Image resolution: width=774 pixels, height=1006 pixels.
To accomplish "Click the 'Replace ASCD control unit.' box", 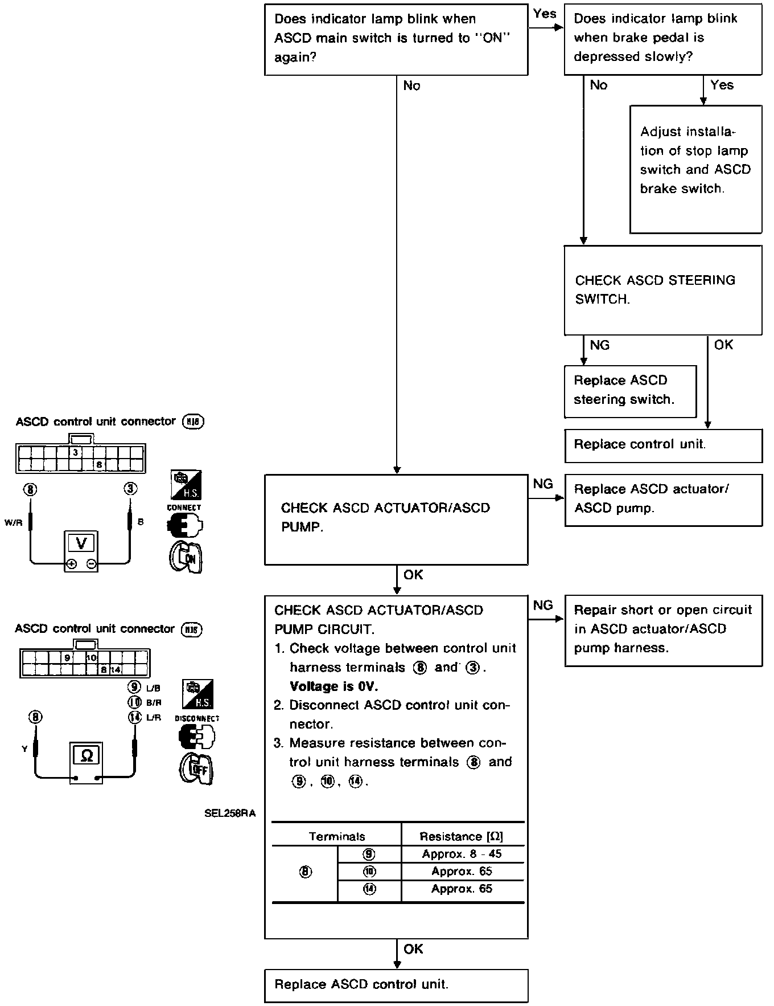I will (x=396, y=985).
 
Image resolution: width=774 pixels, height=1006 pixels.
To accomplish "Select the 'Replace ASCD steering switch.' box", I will (x=630, y=391).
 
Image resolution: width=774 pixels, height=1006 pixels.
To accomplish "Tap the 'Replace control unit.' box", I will (x=663, y=445).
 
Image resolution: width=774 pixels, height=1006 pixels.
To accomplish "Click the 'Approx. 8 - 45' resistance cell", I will (x=462, y=854).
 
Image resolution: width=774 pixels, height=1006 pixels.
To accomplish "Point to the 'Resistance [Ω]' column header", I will (x=462, y=836).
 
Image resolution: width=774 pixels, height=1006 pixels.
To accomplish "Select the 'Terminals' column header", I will (x=337, y=836).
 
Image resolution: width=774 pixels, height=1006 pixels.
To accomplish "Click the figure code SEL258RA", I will (x=230, y=813).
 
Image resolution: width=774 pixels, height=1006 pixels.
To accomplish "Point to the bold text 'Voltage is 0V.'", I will (x=334, y=686).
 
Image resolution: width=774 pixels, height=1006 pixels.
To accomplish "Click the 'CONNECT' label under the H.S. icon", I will (x=184, y=507).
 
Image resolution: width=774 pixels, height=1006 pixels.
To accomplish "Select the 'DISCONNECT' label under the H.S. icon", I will (x=197, y=718).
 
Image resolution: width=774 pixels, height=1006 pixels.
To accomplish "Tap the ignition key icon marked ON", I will (x=186, y=557).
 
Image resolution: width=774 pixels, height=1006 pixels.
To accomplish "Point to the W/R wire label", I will (x=13, y=522).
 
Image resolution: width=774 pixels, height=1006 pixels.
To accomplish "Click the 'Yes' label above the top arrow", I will (x=545, y=14).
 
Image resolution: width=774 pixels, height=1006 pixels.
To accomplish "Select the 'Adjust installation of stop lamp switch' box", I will (x=695, y=169).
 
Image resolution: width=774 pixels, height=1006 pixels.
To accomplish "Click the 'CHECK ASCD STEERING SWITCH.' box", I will (x=663, y=290).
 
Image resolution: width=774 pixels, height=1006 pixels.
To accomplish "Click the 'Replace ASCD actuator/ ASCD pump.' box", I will (x=663, y=500).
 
